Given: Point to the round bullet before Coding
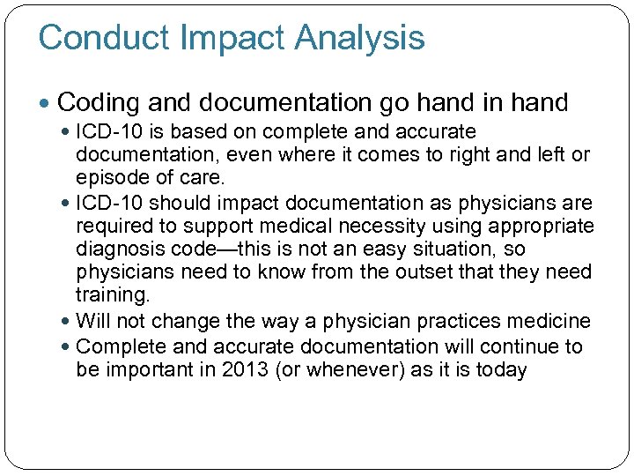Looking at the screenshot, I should click(x=47, y=104).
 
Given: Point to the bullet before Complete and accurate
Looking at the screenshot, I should click(x=67, y=347).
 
